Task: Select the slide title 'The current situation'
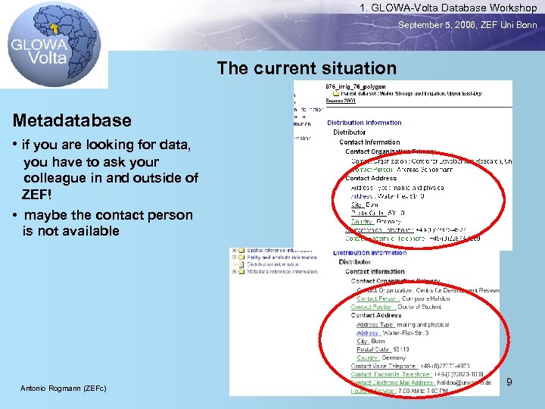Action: pos(306,68)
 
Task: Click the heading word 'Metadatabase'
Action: pos(72,120)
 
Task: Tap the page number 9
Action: pos(509,382)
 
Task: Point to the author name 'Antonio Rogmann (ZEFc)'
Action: pos(63,389)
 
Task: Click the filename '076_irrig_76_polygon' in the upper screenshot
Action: pos(355,87)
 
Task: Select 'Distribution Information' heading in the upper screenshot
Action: pos(364,123)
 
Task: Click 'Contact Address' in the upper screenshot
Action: pos(371,178)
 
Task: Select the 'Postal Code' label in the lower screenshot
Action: pos(373,349)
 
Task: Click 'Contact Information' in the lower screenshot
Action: pos(375,271)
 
